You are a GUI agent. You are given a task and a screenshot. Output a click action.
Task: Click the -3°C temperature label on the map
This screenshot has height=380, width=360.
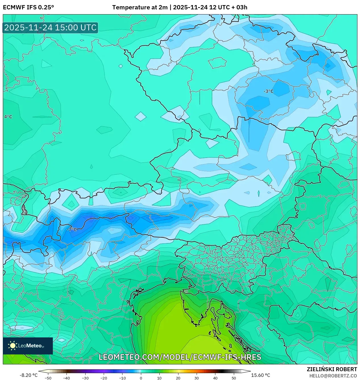[x=269, y=91]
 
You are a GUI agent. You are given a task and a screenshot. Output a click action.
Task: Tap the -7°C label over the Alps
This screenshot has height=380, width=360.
[x=72, y=229]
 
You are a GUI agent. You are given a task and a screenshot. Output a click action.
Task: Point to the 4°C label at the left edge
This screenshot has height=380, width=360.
[x=8, y=117]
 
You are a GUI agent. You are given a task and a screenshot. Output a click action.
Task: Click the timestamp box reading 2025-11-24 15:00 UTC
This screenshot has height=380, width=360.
[x=50, y=28]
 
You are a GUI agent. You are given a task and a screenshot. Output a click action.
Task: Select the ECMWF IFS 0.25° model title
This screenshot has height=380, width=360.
[x=28, y=7]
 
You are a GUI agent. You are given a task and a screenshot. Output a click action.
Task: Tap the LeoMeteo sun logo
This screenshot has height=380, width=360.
[x=13, y=346]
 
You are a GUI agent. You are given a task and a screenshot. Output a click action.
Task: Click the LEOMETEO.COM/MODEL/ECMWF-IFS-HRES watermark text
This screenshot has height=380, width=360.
[x=180, y=357]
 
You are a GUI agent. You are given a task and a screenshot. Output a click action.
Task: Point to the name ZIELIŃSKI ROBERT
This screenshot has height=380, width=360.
[x=332, y=369]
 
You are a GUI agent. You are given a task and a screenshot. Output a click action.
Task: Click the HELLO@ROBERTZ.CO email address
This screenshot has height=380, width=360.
[x=333, y=376]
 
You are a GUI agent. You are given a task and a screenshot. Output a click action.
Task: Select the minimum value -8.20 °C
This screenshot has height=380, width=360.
[x=28, y=375]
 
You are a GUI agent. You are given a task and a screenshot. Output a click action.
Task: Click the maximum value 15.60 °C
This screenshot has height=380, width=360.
[x=261, y=375]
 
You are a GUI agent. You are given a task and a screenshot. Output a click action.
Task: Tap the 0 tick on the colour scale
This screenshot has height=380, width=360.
[x=141, y=378]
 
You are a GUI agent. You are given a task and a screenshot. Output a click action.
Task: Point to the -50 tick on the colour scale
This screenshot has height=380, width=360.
[x=48, y=378]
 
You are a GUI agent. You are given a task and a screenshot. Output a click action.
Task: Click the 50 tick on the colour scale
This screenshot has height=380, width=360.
[x=234, y=378]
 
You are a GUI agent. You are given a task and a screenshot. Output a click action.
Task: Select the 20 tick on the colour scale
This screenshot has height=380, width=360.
[x=178, y=378]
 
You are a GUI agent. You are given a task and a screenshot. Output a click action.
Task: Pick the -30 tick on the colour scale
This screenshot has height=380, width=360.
[x=85, y=378]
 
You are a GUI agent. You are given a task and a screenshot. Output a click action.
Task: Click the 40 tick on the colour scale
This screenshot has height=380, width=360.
[x=215, y=378]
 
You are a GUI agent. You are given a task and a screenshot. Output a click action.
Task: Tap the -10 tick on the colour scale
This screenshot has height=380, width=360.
[x=122, y=378]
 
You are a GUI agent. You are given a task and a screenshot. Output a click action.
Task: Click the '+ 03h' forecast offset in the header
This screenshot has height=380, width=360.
[x=239, y=7]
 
